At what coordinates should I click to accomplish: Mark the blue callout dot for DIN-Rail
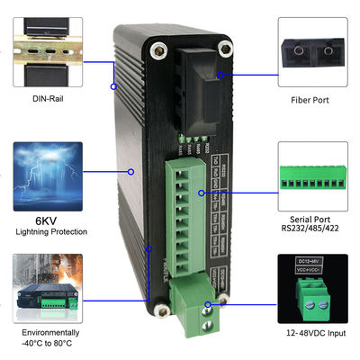(113, 86)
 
